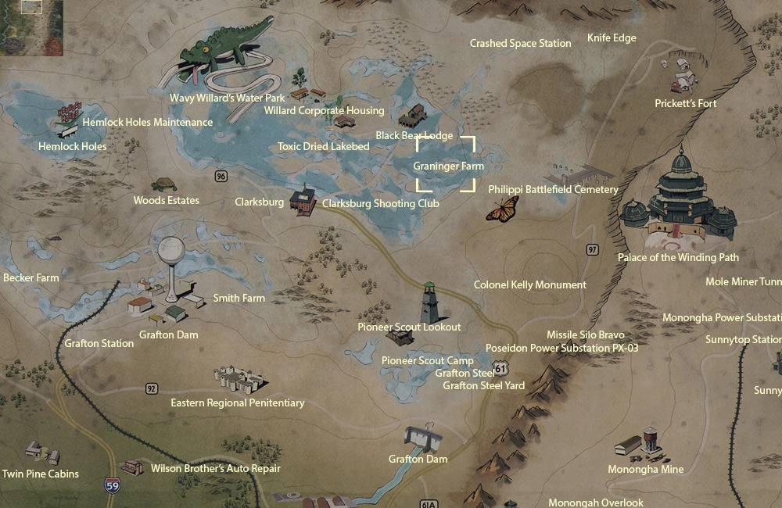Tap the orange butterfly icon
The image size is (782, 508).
(502, 209)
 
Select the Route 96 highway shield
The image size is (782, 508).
(221, 177)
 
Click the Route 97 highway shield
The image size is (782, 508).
(592, 249)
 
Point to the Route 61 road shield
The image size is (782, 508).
(500, 367)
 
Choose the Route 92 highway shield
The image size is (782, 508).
(151, 388)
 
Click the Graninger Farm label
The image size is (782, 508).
(448, 166)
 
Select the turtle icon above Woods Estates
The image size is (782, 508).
(164, 185)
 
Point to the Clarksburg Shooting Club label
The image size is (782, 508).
(381, 203)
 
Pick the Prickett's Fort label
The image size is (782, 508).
(686, 103)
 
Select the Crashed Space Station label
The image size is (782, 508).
(520, 44)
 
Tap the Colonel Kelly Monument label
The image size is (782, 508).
(529, 285)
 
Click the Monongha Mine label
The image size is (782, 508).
(645, 469)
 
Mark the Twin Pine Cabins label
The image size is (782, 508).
(40, 474)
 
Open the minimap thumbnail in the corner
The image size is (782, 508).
(31, 27)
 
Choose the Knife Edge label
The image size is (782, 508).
(612, 38)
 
